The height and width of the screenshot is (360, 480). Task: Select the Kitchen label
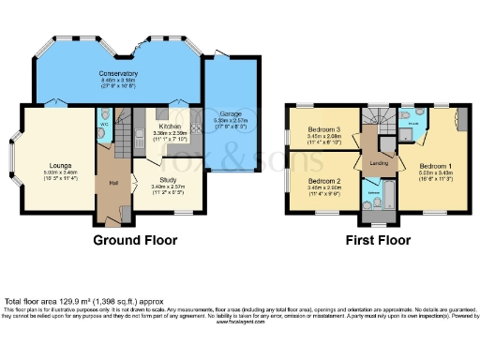click(x=170, y=126)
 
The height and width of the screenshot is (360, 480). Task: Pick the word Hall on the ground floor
click(x=113, y=182)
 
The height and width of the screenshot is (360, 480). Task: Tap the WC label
click(x=103, y=122)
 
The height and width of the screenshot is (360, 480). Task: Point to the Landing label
click(x=380, y=163)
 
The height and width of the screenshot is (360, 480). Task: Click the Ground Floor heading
click(x=135, y=240)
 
